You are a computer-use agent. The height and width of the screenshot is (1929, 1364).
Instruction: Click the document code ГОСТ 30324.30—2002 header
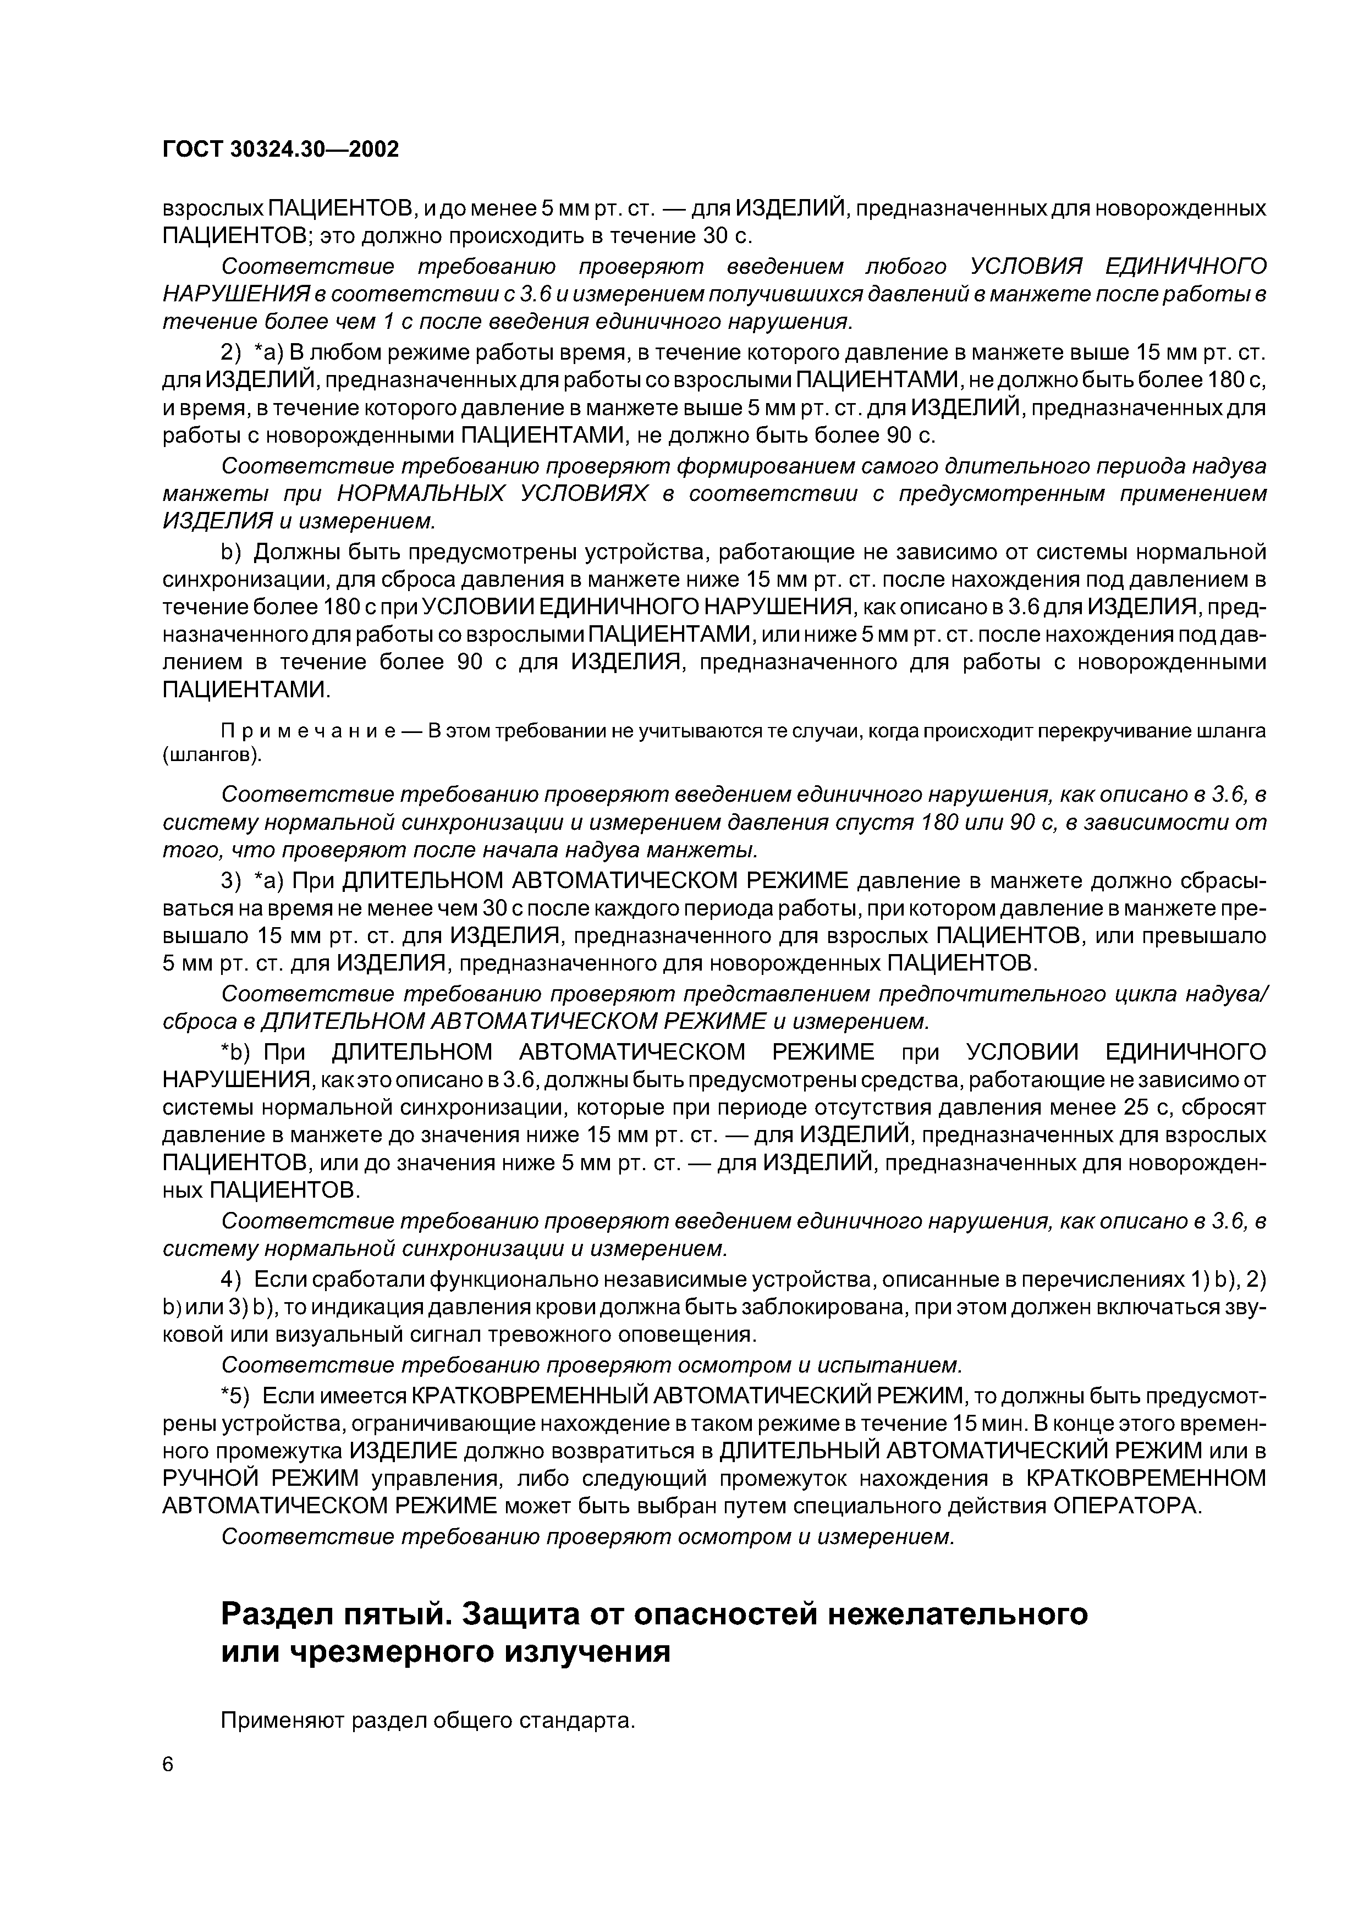280,150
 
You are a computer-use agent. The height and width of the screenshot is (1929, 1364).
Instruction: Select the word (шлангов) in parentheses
212,756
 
